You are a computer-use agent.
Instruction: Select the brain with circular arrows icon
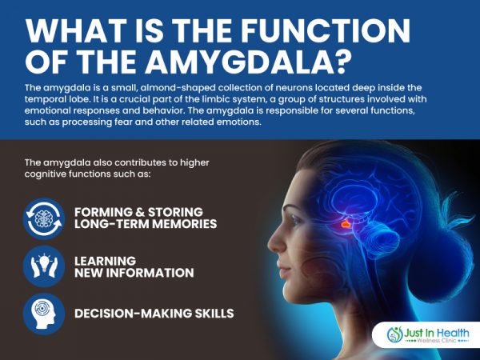(44, 218)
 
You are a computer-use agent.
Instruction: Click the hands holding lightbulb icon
(44, 266)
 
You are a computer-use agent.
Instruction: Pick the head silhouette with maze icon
(44, 314)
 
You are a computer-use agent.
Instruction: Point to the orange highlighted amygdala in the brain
(346, 224)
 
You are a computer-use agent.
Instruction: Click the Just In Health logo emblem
(395, 334)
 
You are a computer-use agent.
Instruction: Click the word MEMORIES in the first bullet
(184, 224)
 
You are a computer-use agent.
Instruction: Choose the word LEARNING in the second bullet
(105, 261)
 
